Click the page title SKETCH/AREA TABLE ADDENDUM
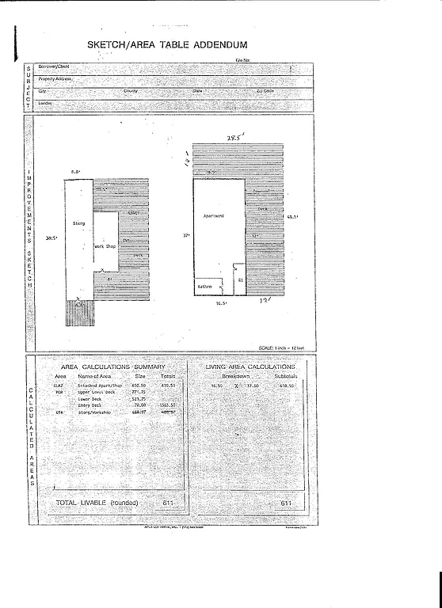pyautogui.click(x=167, y=46)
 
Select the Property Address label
pyautogui.click(x=55, y=79)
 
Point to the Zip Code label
pyautogui.click(x=265, y=91)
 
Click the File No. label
pyautogui.click(x=242, y=60)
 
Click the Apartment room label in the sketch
pyautogui.click(x=214, y=216)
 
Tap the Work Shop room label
pyautogui.click(x=105, y=246)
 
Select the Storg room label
pyautogui.click(x=78, y=225)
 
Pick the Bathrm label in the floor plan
pyautogui.click(x=204, y=286)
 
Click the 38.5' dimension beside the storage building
pyautogui.click(x=52, y=237)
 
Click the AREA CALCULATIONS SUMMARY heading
pyautogui.click(x=113, y=367)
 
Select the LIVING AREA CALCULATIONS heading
pyautogui.click(x=250, y=367)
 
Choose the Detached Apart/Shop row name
pyautogui.click(x=93, y=385)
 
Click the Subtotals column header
pyautogui.click(x=285, y=376)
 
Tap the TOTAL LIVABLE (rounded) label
pyautogui.click(x=97, y=503)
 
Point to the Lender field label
pyautogui.click(x=45, y=103)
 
